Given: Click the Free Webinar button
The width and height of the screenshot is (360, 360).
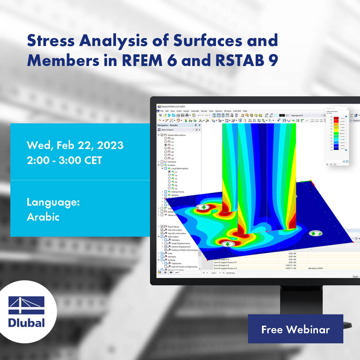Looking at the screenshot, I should tap(295, 329).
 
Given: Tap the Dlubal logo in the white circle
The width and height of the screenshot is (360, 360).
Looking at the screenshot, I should tap(27, 312).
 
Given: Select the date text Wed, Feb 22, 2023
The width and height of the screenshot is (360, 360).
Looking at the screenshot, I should tap(75, 145).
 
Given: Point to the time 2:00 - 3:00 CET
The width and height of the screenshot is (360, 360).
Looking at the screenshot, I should tap(64, 160).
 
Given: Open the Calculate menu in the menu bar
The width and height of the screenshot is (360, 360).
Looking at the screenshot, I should tap(195, 111).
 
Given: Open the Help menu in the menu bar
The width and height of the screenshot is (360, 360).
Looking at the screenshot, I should tap(245, 111).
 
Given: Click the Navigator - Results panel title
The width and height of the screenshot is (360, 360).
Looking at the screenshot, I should tap(168, 125).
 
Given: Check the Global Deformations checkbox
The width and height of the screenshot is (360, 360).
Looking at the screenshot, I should tap(162, 135).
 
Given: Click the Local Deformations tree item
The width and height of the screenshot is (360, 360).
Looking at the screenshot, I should tap(180, 169).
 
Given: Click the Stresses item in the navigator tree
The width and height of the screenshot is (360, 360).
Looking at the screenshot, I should tap(175, 195).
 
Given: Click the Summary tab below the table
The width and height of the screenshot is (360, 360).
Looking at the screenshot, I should tap(230, 273).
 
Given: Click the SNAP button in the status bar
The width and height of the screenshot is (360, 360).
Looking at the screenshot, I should tap(355, 277).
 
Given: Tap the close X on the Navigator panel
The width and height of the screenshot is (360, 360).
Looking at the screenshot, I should tap(199, 125).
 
